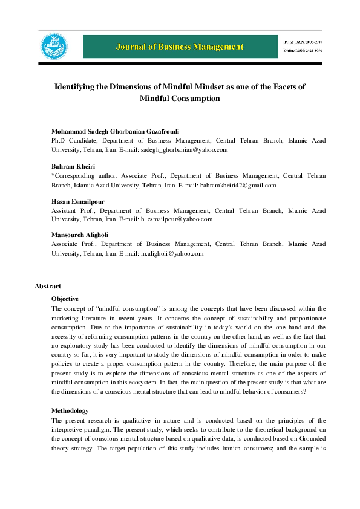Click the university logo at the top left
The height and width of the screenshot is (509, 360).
coord(54,47)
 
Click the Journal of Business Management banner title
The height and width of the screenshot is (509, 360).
coord(181,47)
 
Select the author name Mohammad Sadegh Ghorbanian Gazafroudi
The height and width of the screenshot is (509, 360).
coord(116,131)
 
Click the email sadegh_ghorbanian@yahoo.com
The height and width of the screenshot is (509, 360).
coord(192,149)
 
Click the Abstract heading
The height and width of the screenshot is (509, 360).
coord(48,286)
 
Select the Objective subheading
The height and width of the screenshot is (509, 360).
coord(65,299)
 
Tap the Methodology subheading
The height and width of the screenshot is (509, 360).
coord(70,410)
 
